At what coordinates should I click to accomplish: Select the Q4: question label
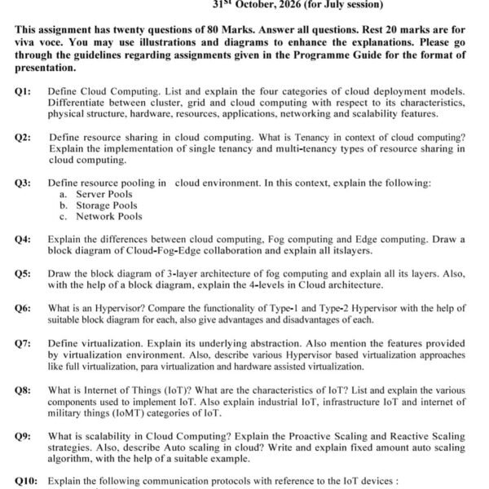[x=23, y=239]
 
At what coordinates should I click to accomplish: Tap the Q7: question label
[x=23, y=344]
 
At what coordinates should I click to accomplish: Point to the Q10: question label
[x=26, y=481]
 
